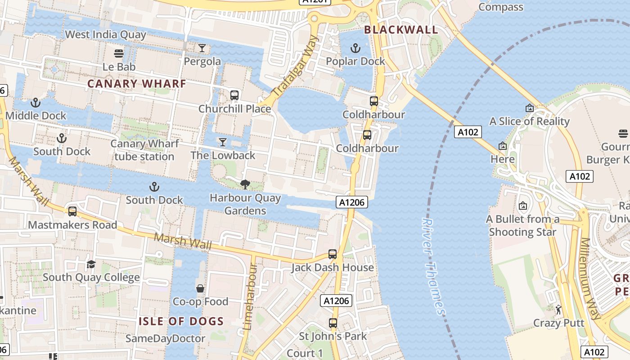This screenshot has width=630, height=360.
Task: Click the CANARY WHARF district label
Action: coord(136,84)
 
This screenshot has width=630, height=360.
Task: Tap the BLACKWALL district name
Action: coord(400,30)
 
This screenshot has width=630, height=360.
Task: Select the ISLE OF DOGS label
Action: coord(181,321)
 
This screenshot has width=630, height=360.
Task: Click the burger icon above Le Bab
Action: coord(119,54)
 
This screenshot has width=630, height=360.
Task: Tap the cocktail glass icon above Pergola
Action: coord(202,48)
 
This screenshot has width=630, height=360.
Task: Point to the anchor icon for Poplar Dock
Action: coord(355,48)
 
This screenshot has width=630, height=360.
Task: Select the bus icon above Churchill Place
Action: coord(234,95)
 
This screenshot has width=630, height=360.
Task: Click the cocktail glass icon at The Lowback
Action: coord(222,142)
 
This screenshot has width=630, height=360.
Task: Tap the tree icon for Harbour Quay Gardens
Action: coord(245,184)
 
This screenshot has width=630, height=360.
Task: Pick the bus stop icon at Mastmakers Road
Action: coord(72,211)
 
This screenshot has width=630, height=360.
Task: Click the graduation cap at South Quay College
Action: coord(91,264)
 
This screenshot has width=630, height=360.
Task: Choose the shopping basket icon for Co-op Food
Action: coord(200,288)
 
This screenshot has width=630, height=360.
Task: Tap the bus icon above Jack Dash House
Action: coord(333,254)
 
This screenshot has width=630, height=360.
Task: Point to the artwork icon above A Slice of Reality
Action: coord(529,108)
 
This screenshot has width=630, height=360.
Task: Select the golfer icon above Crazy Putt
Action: coord(558,310)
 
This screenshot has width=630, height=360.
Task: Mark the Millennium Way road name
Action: coord(590,279)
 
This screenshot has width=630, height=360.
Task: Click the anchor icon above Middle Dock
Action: coord(36,103)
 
